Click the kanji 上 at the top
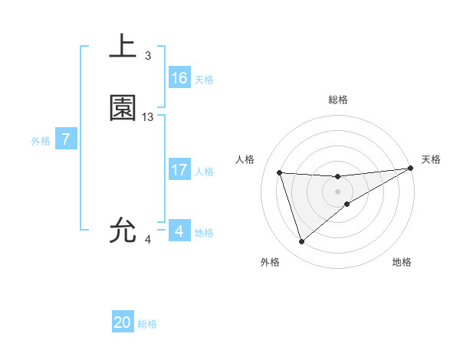(x=123, y=47)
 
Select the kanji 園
(x=123, y=108)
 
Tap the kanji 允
(x=123, y=230)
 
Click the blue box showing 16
(x=179, y=78)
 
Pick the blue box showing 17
(x=179, y=170)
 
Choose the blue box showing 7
(x=67, y=139)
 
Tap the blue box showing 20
(x=123, y=322)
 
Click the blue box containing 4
(x=179, y=231)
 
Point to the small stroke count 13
(x=148, y=117)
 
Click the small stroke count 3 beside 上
(x=148, y=56)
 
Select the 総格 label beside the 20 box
(x=147, y=324)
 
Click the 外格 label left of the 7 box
(x=41, y=141)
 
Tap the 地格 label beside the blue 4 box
(x=204, y=233)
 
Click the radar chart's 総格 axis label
(x=338, y=100)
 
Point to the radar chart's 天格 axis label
(x=431, y=159)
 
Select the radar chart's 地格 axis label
(x=402, y=262)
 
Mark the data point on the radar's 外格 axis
(x=301, y=242)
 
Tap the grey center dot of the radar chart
(x=338, y=191)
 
